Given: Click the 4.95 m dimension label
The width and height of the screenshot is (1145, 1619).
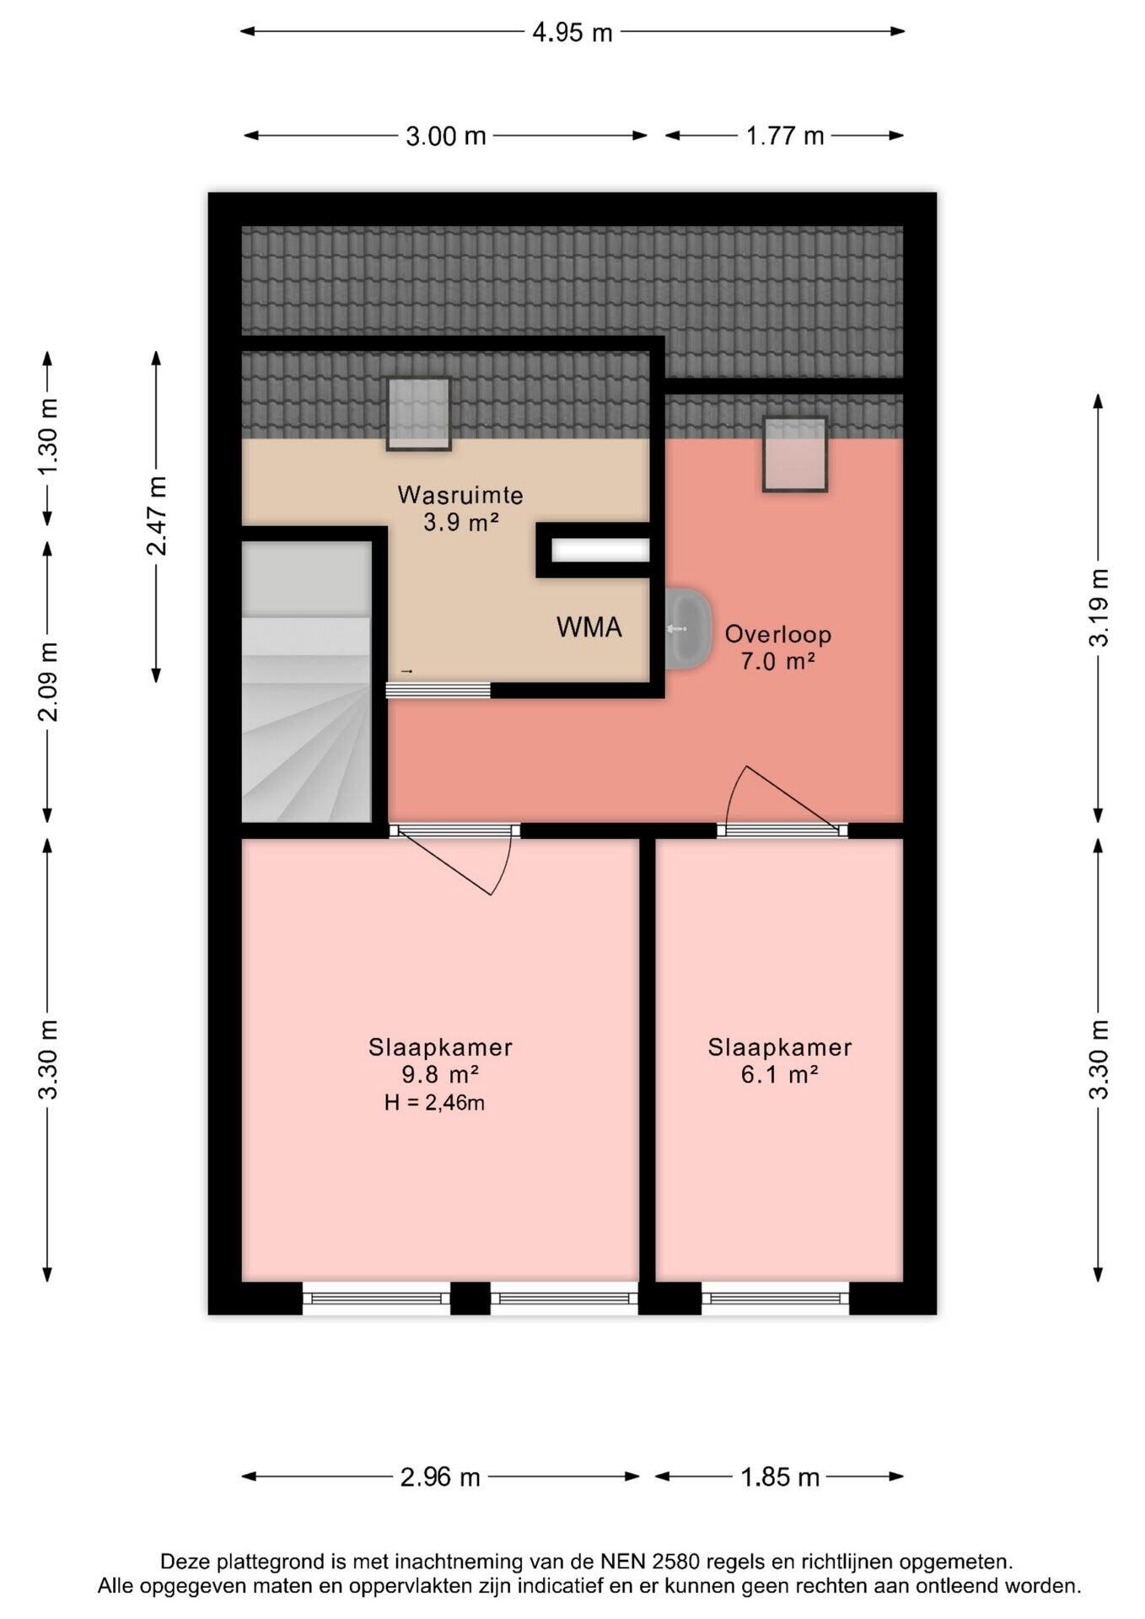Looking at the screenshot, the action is point(572,32).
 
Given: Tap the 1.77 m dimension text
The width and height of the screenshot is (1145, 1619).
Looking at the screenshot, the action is point(785,136).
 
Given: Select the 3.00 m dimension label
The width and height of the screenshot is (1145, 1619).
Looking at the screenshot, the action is point(446,136).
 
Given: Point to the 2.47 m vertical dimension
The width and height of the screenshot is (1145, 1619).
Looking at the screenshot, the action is point(157,515).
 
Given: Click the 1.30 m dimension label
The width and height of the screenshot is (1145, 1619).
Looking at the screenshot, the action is point(49,436).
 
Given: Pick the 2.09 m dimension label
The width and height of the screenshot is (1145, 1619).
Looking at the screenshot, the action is point(49,681).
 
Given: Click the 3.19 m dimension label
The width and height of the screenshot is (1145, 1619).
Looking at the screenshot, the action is point(1099,607).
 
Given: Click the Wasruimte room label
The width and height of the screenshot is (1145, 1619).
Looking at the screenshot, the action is point(460,495).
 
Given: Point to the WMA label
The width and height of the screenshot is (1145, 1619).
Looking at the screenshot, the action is point(589,627).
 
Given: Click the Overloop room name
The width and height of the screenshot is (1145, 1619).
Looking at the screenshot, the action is point(778,634).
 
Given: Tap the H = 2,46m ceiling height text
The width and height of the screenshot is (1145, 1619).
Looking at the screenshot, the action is point(434,1102).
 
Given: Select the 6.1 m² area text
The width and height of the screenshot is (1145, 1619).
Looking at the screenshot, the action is point(780,1074).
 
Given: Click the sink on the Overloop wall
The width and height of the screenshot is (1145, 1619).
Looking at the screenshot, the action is point(688,629).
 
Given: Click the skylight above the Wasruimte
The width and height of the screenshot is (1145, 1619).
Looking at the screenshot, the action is point(418,413).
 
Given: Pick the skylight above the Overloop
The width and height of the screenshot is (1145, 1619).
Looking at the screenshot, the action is point(794,454).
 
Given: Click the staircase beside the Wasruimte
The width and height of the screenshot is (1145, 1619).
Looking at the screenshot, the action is point(307,681).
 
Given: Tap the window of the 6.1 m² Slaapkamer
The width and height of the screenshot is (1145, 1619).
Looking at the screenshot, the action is point(775,1299).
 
